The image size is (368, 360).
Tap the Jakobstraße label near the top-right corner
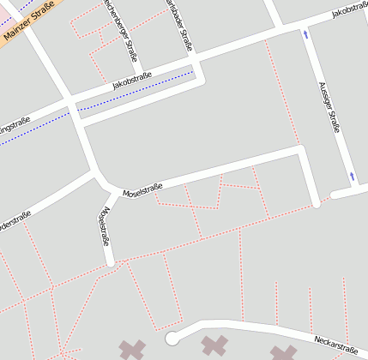tap(349, 11)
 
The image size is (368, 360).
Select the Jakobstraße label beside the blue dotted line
tap(132, 81)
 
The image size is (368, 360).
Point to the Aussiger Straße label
tap(329, 107)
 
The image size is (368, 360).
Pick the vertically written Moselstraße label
tap(105, 225)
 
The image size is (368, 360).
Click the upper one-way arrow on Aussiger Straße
tap(305, 35)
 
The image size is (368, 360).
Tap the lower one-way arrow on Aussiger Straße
tap(352, 177)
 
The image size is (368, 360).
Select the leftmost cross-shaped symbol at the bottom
tap(132, 349)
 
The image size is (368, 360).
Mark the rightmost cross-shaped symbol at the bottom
tap(283, 352)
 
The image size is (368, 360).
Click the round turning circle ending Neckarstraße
tap(172, 338)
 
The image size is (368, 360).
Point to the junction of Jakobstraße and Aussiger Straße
tap(305, 22)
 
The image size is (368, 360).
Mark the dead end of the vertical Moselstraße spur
tap(110, 261)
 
